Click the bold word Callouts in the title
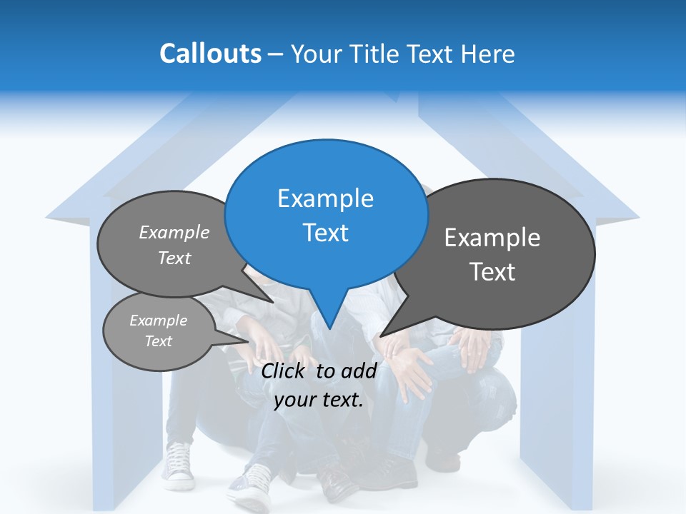coord(210,54)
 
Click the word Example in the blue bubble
coord(325,198)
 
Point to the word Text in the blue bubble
coord(325,232)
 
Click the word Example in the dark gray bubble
coord(492,238)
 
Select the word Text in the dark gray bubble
coord(492,271)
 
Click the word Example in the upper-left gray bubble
coord(174,232)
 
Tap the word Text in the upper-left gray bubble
coord(174,258)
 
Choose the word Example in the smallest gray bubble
coord(158,321)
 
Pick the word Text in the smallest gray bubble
coord(158,341)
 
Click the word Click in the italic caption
coord(284,370)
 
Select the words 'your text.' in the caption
coord(319,399)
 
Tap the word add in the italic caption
coord(359,370)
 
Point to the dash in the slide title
coord(276,54)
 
